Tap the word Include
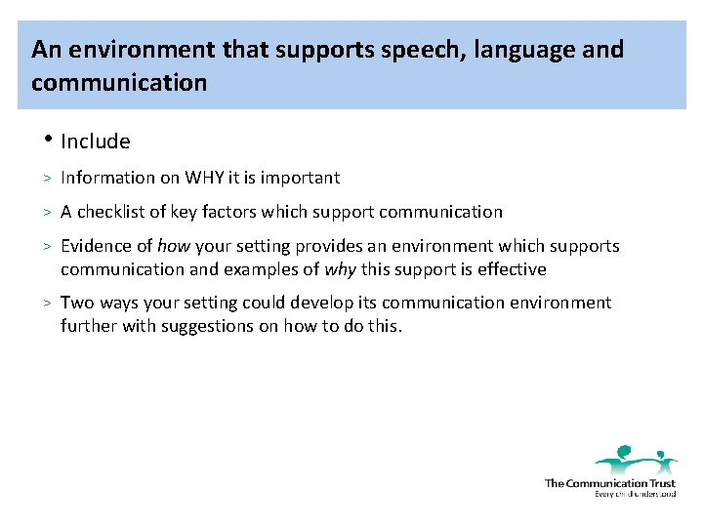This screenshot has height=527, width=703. click(x=95, y=142)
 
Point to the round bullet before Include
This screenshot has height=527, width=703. click(x=46, y=139)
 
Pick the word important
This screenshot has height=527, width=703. click(x=300, y=178)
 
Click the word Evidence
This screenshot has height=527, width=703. click(x=96, y=247)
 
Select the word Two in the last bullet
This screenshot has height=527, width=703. click(x=76, y=303)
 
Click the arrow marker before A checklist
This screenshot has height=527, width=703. click(x=46, y=212)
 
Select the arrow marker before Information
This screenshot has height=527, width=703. click(x=46, y=178)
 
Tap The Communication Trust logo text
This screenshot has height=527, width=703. click(x=609, y=483)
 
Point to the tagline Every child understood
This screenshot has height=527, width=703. click(x=635, y=494)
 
